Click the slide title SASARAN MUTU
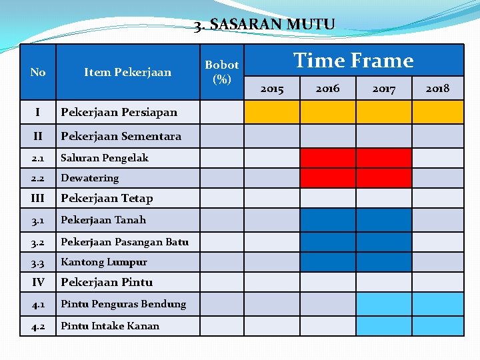pyautogui.click(x=264, y=25)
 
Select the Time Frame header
pyautogui.click(x=353, y=61)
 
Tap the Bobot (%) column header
pyautogui.click(x=221, y=72)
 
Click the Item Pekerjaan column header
pyautogui.click(x=127, y=72)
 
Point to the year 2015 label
pyautogui.click(x=271, y=89)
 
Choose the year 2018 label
pyautogui.click(x=437, y=88)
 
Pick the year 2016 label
pyautogui.click(x=327, y=88)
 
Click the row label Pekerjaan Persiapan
pyautogui.click(x=119, y=112)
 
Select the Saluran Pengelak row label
pyautogui.click(x=104, y=158)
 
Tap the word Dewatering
pyautogui.click(x=89, y=178)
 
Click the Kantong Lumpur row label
pyautogui.click(x=103, y=262)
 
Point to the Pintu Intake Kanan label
pyautogui.click(x=110, y=326)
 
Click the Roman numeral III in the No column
pyautogui.click(x=38, y=198)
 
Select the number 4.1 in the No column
pyautogui.click(x=38, y=304)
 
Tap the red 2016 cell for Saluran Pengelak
pyautogui.click(x=327, y=158)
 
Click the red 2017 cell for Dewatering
pyautogui.click(x=383, y=178)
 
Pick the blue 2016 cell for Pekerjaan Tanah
pyautogui.click(x=327, y=220)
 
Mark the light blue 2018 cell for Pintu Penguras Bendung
pyautogui.click(x=437, y=304)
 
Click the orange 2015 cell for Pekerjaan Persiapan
pyautogui.click(x=271, y=112)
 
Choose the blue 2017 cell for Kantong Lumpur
pyautogui.click(x=383, y=262)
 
